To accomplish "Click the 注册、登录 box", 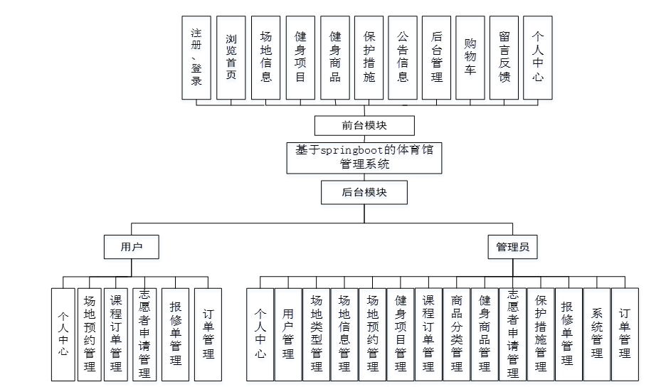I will pyautogui.click(x=196, y=57).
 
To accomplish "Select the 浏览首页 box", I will pyautogui.click(x=231, y=57).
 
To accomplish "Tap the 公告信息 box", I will pyautogui.click(x=403, y=57).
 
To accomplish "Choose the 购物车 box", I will pyautogui.click(x=470, y=57).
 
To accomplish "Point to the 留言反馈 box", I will pyautogui.click(x=504, y=57).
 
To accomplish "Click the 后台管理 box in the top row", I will pyautogui.click(x=437, y=57).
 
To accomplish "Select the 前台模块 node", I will pyautogui.click(x=364, y=125).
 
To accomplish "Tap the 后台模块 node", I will pyautogui.click(x=364, y=192).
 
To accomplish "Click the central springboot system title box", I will pyautogui.click(x=364, y=158).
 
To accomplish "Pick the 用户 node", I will pyautogui.click(x=132, y=247).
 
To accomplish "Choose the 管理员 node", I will pyautogui.click(x=512, y=247).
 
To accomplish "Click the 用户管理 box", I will pyautogui.click(x=288, y=334).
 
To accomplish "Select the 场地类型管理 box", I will pyautogui.click(x=317, y=334).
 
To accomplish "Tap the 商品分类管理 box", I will pyautogui.click(x=457, y=334).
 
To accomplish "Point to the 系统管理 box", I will pyautogui.click(x=597, y=334).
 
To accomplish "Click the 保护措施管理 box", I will pyautogui.click(x=541, y=334).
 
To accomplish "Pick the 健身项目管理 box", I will pyautogui.click(x=401, y=334).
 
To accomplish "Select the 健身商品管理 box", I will pyautogui.click(x=485, y=334).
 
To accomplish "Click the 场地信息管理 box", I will pyautogui.click(x=344, y=334).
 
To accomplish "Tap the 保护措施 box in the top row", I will pyautogui.click(x=369, y=57).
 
